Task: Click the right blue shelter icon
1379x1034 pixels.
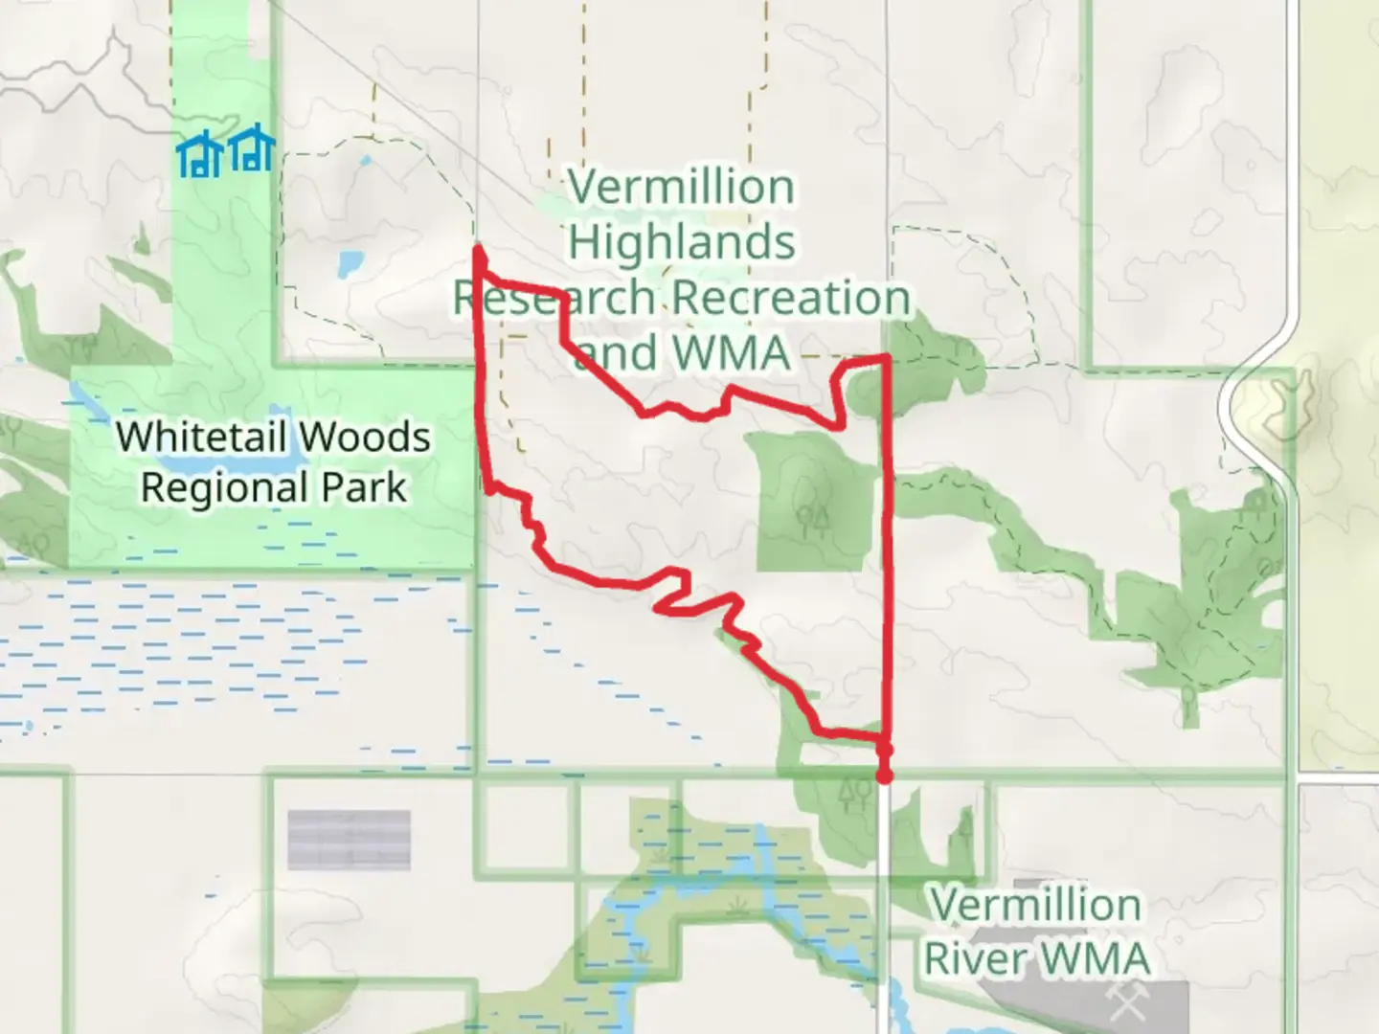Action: (252, 151)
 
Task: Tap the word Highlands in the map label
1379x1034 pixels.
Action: (682, 241)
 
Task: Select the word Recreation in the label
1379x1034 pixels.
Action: (791, 297)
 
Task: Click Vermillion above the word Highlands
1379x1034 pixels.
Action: (681, 187)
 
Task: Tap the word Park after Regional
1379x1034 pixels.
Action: (364, 487)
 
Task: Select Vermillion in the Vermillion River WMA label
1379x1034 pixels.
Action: (1035, 905)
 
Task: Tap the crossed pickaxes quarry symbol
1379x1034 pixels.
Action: (1123, 1001)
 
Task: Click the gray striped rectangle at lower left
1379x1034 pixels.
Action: (349, 840)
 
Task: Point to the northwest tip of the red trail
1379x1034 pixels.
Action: (478, 251)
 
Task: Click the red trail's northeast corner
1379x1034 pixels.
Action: (887, 358)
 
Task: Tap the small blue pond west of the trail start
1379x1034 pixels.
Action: (350, 259)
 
